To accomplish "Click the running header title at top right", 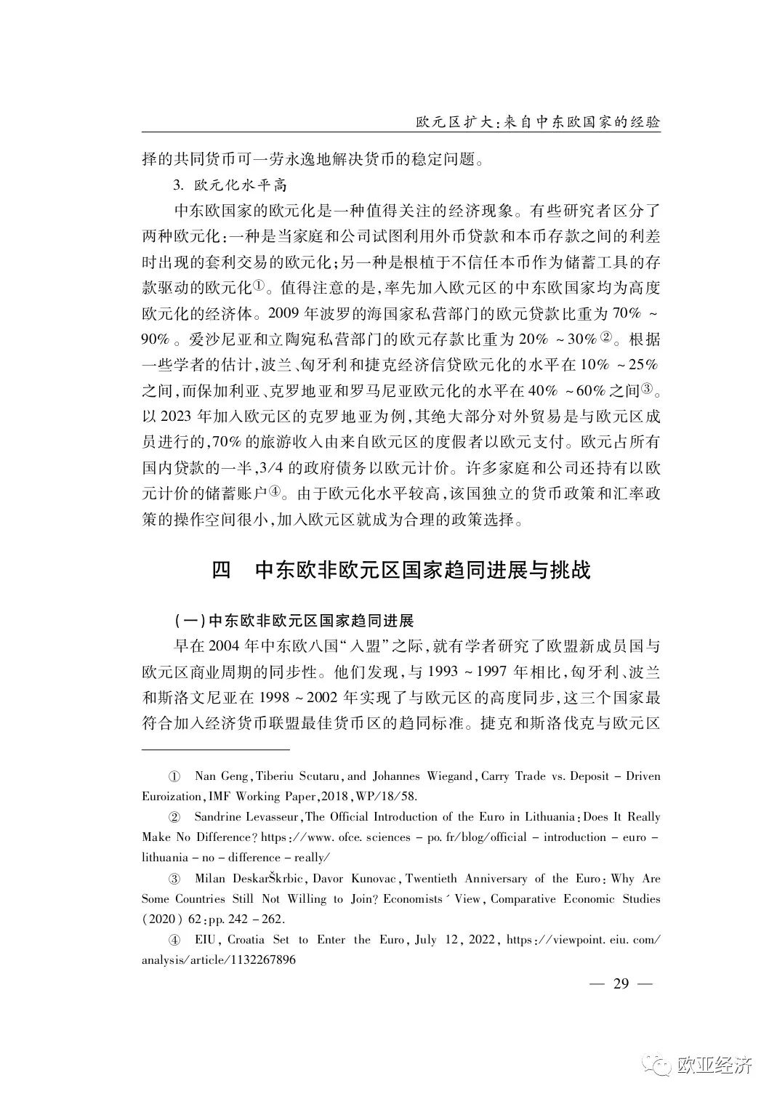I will pos(537,121).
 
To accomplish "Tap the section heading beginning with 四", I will pos(400,569).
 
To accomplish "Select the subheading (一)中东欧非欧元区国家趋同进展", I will pos(294,622).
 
